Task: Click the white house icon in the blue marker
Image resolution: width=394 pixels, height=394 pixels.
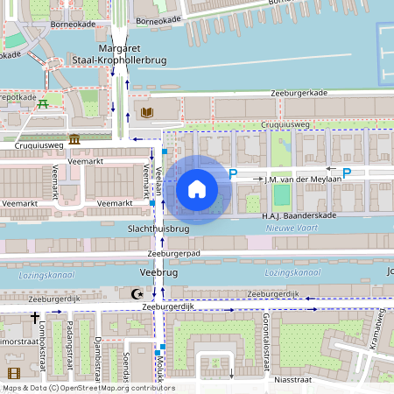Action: pyautogui.click(x=196, y=189)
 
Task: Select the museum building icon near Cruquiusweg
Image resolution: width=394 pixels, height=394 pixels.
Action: pyautogui.click(x=74, y=139)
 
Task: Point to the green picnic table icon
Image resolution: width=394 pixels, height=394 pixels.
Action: pyautogui.click(x=43, y=105)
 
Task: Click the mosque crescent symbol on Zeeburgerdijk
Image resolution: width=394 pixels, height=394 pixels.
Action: pyautogui.click(x=134, y=294)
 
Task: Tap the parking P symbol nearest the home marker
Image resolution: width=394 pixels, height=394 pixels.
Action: pyautogui.click(x=233, y=175)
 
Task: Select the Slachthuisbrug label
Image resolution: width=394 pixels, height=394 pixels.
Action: pyautogui.click(x=158, y=229)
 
